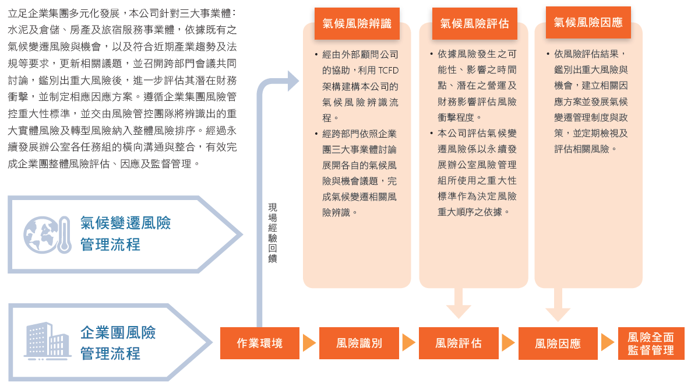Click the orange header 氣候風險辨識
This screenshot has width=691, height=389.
[x=357, y=23]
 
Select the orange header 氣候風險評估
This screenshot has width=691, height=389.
[x=474, y=23]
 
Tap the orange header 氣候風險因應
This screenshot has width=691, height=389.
[x=588, y=23]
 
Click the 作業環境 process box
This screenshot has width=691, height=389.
[x=260, y=343]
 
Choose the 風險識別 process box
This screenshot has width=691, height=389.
[x=359, y=343]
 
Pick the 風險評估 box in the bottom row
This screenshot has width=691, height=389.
[x=459, y=343]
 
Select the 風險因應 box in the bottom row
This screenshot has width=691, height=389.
[x=558, y=343]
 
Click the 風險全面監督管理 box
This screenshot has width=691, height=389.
[x=651, y=343]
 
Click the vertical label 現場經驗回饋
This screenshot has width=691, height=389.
[x=273, y=233]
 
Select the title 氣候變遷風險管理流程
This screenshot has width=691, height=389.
[x=126, y=233]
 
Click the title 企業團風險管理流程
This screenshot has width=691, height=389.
[x=118, y=343]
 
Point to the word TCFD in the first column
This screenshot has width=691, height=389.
[x=388, y=71]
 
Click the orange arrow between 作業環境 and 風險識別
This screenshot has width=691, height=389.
[x=309, y=343]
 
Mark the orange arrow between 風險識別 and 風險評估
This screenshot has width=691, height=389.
[x=409, y=343]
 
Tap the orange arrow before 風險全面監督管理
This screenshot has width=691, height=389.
[x=608, y=343]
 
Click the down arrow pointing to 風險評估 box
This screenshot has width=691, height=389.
[x=459, y=303]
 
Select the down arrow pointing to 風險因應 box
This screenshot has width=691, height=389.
[x=558, y=304]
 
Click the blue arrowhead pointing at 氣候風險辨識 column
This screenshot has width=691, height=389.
[x=293, y=80]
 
